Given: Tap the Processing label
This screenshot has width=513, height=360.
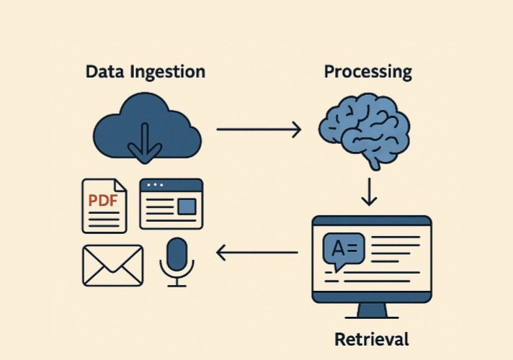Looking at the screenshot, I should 367,72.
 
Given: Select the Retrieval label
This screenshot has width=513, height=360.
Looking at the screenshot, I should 371,338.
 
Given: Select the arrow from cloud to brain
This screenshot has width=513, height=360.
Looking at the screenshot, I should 259,130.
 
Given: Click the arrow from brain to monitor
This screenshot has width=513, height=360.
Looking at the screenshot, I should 369,192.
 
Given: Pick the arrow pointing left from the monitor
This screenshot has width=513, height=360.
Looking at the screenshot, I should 257,253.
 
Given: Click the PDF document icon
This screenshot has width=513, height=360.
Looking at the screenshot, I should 104,206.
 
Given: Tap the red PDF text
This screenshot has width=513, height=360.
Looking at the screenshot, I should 103,200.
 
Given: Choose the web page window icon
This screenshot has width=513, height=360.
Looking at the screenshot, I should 171,204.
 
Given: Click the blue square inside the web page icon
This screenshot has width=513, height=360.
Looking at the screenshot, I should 187,207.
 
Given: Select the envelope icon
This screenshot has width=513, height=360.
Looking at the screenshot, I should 112,265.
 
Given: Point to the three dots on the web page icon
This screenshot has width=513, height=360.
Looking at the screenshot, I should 155,185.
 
